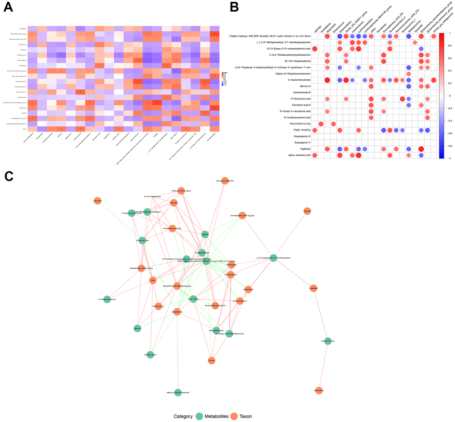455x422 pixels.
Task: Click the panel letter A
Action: [x=8, y=8]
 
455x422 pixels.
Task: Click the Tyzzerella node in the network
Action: [x=307, y=212]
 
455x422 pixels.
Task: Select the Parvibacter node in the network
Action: [x=98, y=202]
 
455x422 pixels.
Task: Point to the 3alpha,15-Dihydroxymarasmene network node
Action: [x=178, y=392]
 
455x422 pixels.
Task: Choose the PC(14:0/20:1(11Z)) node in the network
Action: [x=328, y=341]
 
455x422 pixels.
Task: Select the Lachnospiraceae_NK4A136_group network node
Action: [x=242, y=216]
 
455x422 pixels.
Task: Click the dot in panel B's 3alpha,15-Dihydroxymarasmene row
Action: [x=409, y=73]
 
